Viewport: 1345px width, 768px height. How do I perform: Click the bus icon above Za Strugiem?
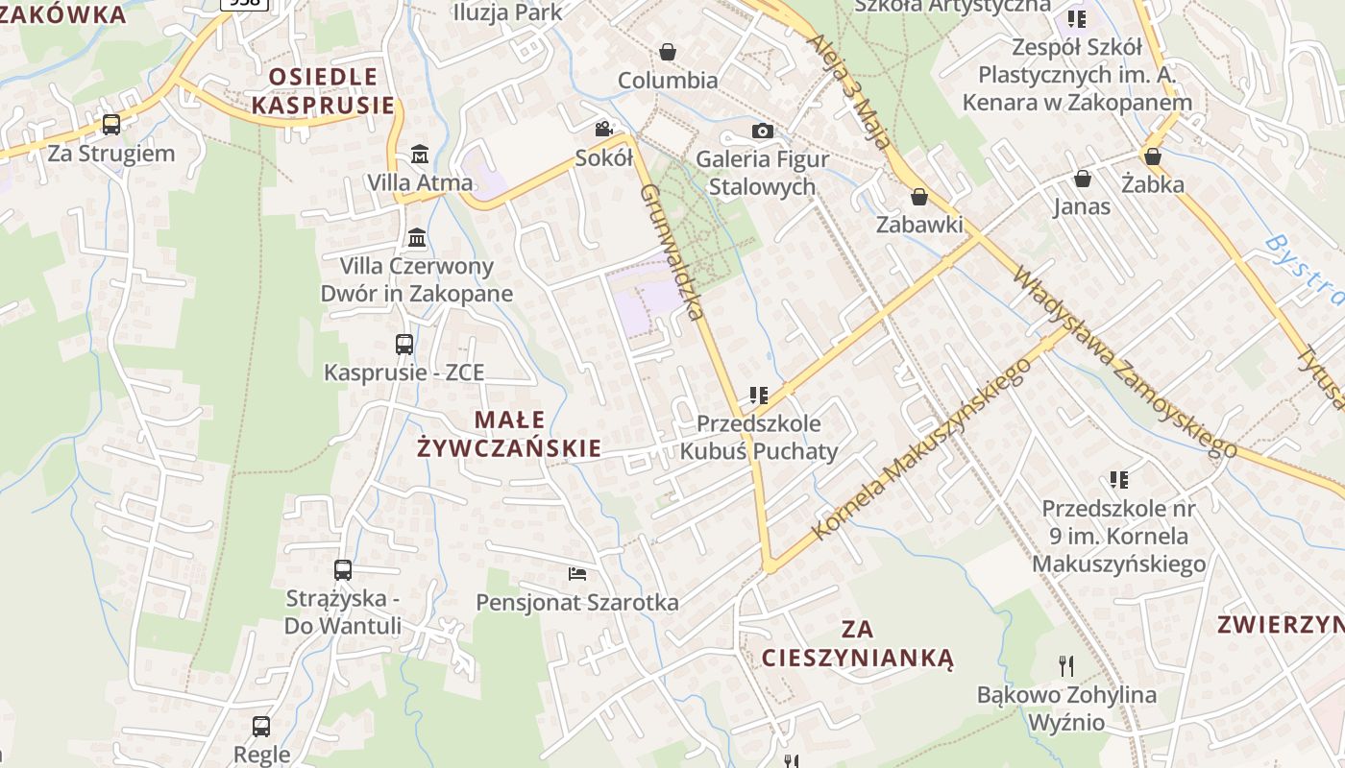point(111,124)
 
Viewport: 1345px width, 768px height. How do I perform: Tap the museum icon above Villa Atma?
point(419,154)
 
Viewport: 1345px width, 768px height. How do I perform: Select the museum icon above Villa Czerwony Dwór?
point(417,237)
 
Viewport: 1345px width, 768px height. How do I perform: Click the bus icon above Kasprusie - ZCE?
point(404,344)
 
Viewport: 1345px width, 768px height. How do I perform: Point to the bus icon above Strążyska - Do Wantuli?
point(343,569)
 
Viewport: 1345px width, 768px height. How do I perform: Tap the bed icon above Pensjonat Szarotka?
point(577,574)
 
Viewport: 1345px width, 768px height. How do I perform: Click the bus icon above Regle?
point(261,726)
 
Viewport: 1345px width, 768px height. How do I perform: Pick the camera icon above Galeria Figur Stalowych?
point(762,131)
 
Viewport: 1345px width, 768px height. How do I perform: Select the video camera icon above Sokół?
point(603,129)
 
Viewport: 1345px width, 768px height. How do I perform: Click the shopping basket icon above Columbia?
point(668,52)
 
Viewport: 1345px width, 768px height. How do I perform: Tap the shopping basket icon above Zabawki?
point(919,197)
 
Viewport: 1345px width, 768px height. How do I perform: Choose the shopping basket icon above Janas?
point(1082,179)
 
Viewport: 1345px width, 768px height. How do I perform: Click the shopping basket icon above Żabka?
point(1153,156)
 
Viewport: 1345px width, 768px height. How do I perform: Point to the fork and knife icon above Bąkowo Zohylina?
point(1065,665)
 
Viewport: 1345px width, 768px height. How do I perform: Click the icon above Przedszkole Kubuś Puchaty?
point(759,395)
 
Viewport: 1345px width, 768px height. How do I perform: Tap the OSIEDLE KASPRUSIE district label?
point(324,91)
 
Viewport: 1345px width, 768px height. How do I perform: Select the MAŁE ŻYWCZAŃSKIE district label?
point(509,434)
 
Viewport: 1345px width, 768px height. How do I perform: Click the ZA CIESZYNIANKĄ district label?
point(857,643)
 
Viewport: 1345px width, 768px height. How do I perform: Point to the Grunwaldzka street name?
point(672,252)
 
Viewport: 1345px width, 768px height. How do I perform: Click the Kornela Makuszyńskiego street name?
point(920,449)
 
